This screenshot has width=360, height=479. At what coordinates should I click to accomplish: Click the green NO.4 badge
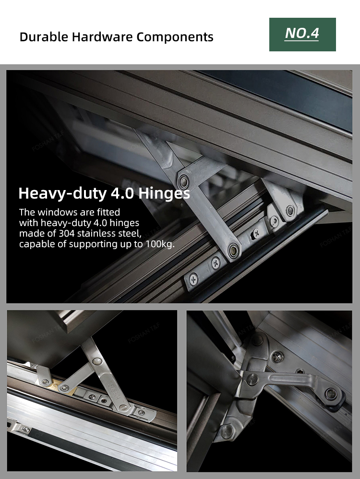pyautogui.click(x=302, y=35)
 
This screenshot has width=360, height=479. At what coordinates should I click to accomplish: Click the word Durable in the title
pyautogui.click(x=44, y=37)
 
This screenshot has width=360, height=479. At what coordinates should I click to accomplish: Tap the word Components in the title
pyautogui.click(x=175, y=37)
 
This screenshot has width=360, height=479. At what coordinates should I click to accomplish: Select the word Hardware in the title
pyautogui.click(x=102, y=37)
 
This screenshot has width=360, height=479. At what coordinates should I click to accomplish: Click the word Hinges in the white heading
pyautogui.click(x=164, y=194)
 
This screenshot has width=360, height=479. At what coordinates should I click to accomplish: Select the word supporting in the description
pyautogui.click(x=94, y=244)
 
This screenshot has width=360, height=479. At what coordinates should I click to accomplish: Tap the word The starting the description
pyautogui.click(x=27, y=212)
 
